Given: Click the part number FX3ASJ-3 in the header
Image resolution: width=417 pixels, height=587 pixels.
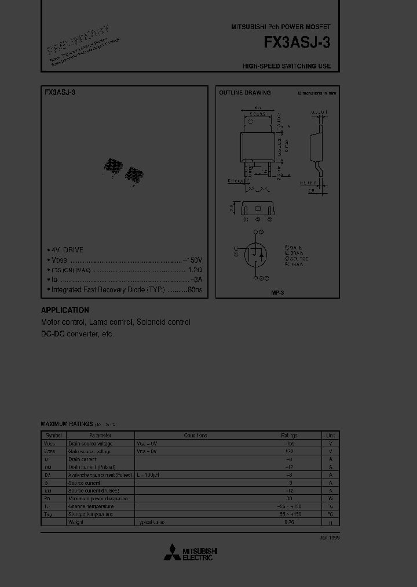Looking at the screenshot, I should coord(297,43).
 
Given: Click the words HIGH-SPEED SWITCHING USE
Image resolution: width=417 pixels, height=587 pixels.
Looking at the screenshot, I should coord(287,67).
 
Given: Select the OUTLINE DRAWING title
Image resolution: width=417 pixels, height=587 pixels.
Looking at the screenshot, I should coord(244,93).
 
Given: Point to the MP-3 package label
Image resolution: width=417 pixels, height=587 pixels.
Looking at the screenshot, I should coord(277,292).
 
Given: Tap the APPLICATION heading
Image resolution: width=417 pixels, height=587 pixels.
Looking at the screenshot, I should coord(65,310).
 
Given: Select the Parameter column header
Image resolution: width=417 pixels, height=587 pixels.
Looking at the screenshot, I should coord(100,435).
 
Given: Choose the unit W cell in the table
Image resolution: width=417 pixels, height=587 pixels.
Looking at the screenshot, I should coord(330,499).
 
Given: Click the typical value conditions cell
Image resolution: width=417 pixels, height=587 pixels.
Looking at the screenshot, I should coord(152,523).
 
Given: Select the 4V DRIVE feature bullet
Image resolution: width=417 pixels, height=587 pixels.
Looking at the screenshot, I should coord(67,250).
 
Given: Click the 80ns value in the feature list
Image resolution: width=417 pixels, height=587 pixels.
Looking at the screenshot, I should coord(195,289).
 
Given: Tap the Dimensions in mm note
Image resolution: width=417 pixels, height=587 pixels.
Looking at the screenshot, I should coord(317,93).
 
